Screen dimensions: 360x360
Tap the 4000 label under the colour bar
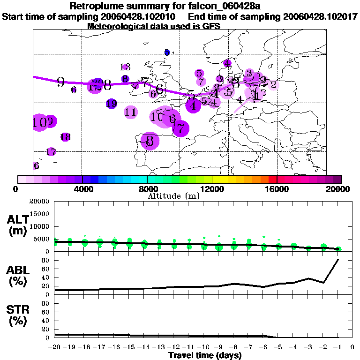(82, 189)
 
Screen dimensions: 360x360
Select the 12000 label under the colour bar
(212, 189)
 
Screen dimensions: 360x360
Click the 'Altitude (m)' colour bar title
(174, 196)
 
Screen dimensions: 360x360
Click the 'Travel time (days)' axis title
(205, 356)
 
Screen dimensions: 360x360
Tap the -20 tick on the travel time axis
(55, 347)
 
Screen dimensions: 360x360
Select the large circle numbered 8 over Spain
(150, 141)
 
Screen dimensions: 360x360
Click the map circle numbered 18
(65, 137)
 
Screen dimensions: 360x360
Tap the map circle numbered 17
(51, 152)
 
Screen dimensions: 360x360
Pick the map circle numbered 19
(111, 104)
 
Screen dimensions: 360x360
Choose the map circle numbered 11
(131, 112)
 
